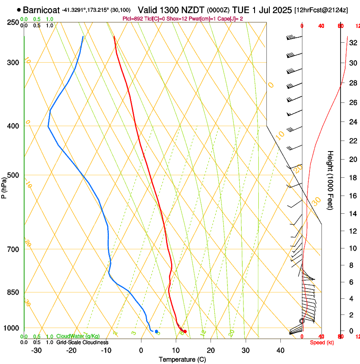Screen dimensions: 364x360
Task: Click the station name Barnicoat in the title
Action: (x=41, y=10)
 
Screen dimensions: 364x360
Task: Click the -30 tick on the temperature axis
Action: (x=36, y=350)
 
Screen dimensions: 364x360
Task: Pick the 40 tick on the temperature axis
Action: (x=280, y=350)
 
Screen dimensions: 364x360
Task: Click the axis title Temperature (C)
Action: (x=182, y=359)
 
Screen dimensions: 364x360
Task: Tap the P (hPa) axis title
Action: (x=4, y=186)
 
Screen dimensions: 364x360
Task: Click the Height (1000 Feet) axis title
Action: (x=330, y=180)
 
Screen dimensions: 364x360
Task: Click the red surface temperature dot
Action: (x=185, y=331)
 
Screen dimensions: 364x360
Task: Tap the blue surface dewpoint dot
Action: (x=156, y=331)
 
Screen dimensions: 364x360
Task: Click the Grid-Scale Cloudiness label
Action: (x=82, y=342)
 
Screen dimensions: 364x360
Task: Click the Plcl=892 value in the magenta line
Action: (x=132, y=19)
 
